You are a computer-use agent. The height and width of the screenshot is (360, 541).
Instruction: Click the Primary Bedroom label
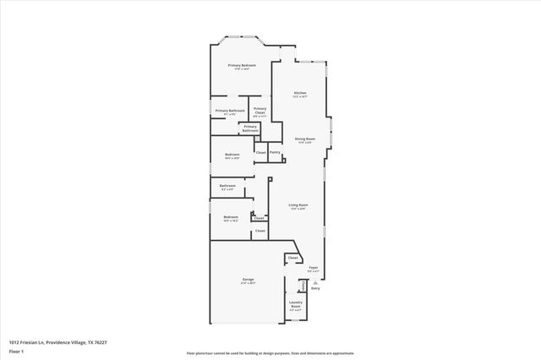pos(242,65)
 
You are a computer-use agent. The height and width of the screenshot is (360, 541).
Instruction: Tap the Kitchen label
pos(300,93)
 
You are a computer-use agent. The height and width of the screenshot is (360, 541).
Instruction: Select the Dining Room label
pos(305,139)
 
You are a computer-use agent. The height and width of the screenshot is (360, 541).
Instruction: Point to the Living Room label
pos(298,205)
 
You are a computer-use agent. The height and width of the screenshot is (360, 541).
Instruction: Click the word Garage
pos(249,279)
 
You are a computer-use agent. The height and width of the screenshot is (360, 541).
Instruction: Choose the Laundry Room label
pos(296,303)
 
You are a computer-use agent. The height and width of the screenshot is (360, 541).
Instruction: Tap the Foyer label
pos(313,267)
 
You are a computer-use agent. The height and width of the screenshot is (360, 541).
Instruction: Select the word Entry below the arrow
pos(315,290)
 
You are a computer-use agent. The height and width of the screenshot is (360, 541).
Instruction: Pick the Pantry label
pos(275,152)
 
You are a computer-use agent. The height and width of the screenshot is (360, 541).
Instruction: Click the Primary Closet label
pos(260,110)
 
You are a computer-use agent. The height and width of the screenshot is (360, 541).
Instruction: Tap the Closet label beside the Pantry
pos(260,152)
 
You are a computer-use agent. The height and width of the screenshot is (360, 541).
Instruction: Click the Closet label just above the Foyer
pos(292,258)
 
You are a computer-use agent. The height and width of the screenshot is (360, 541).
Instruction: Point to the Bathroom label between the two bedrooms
pos(227,185)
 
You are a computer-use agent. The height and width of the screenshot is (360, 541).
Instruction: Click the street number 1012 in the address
pos(14,341)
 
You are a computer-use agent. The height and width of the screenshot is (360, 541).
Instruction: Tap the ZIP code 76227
pos(100,341)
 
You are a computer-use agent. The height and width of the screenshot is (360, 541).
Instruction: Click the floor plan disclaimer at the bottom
pos(270,353)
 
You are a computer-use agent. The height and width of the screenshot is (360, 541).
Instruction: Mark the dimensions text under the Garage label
pos(249,283)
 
